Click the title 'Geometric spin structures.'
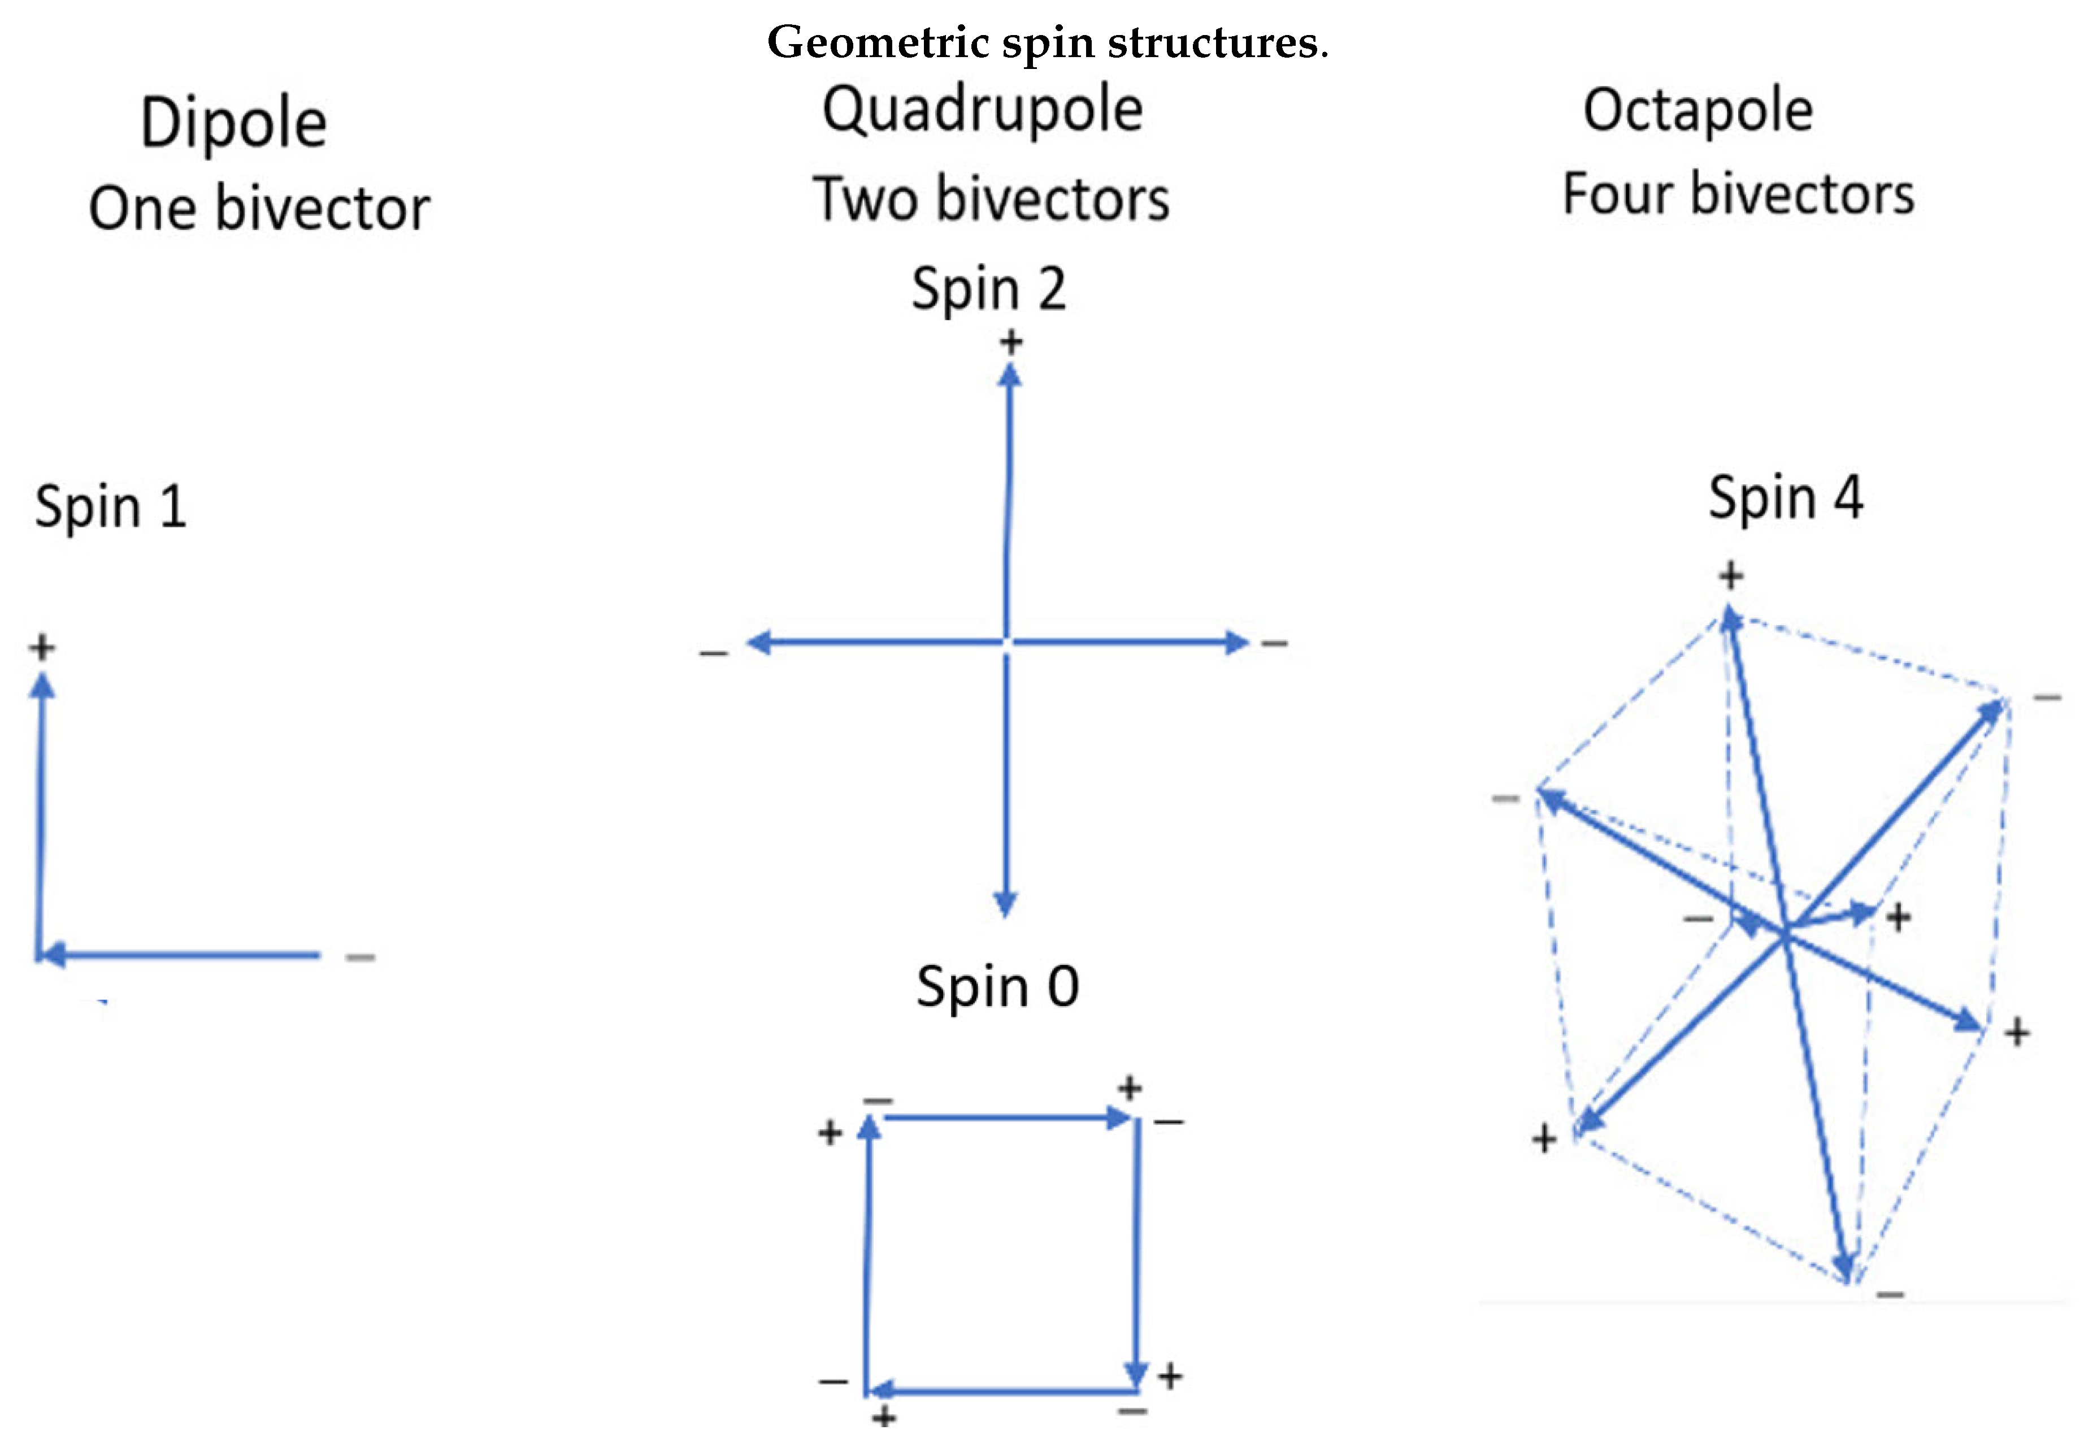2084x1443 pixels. pyautogui.click(x=1047, y=42)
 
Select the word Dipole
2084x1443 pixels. pyautogui.click(x=233, y=123)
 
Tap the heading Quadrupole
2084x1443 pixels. pyautogui.click(x=982, y=110)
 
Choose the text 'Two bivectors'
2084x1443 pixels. pyautogui.click(x=991, y=199)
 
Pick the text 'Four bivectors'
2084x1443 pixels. pyautogui.click(x=1738, y=194)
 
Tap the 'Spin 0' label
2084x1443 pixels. pyautogui.click(x=997, y=986)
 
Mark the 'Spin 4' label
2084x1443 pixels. pyautogui.click(x=1785, y=498)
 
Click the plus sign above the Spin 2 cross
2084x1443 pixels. pyautogui.click(x=1010, y=342)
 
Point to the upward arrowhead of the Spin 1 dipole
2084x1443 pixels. pyautogui.click(x=42, y=688)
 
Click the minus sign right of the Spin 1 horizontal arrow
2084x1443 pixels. pyautogui.click(x=360, y=956)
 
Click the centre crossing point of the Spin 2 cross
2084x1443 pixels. pyautogui.click(x=1006, y=642)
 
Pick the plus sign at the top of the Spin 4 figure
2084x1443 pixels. pyautogui.click(x=1730, y=575)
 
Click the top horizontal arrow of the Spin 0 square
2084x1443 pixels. pyautogui.click(x=1003, y=1119)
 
